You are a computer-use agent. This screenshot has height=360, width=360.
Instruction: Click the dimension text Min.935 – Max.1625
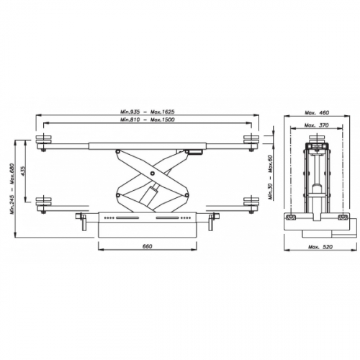(148, 112)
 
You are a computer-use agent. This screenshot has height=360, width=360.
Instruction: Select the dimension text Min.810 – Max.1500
(148, 120)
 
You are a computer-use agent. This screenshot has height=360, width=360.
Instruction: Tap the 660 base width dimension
(148, 246)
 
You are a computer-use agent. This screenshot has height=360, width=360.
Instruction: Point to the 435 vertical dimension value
(23, 171)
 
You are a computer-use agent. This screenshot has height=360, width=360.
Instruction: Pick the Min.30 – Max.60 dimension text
(271, 178)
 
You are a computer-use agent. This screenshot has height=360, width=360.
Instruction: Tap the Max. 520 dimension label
(320, 247)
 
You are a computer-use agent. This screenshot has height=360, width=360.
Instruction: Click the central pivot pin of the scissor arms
(153, 173)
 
